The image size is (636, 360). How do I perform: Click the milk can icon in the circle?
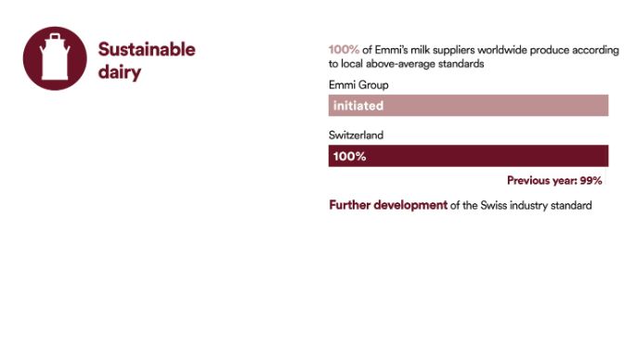[55, 58]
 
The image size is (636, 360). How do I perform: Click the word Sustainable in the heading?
[147, 49]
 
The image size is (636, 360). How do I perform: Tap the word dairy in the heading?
[119, 71]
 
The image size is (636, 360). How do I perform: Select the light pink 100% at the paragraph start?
[344, 50]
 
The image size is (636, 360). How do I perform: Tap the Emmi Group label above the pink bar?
[358, 85]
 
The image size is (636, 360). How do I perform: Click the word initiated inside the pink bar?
[357, 106]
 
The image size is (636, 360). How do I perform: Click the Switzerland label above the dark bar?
[356, 135]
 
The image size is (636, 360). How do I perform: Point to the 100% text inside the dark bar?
[349, 156]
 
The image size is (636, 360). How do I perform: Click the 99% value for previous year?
[592, 181]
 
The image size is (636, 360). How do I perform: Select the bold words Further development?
[387, 205]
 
